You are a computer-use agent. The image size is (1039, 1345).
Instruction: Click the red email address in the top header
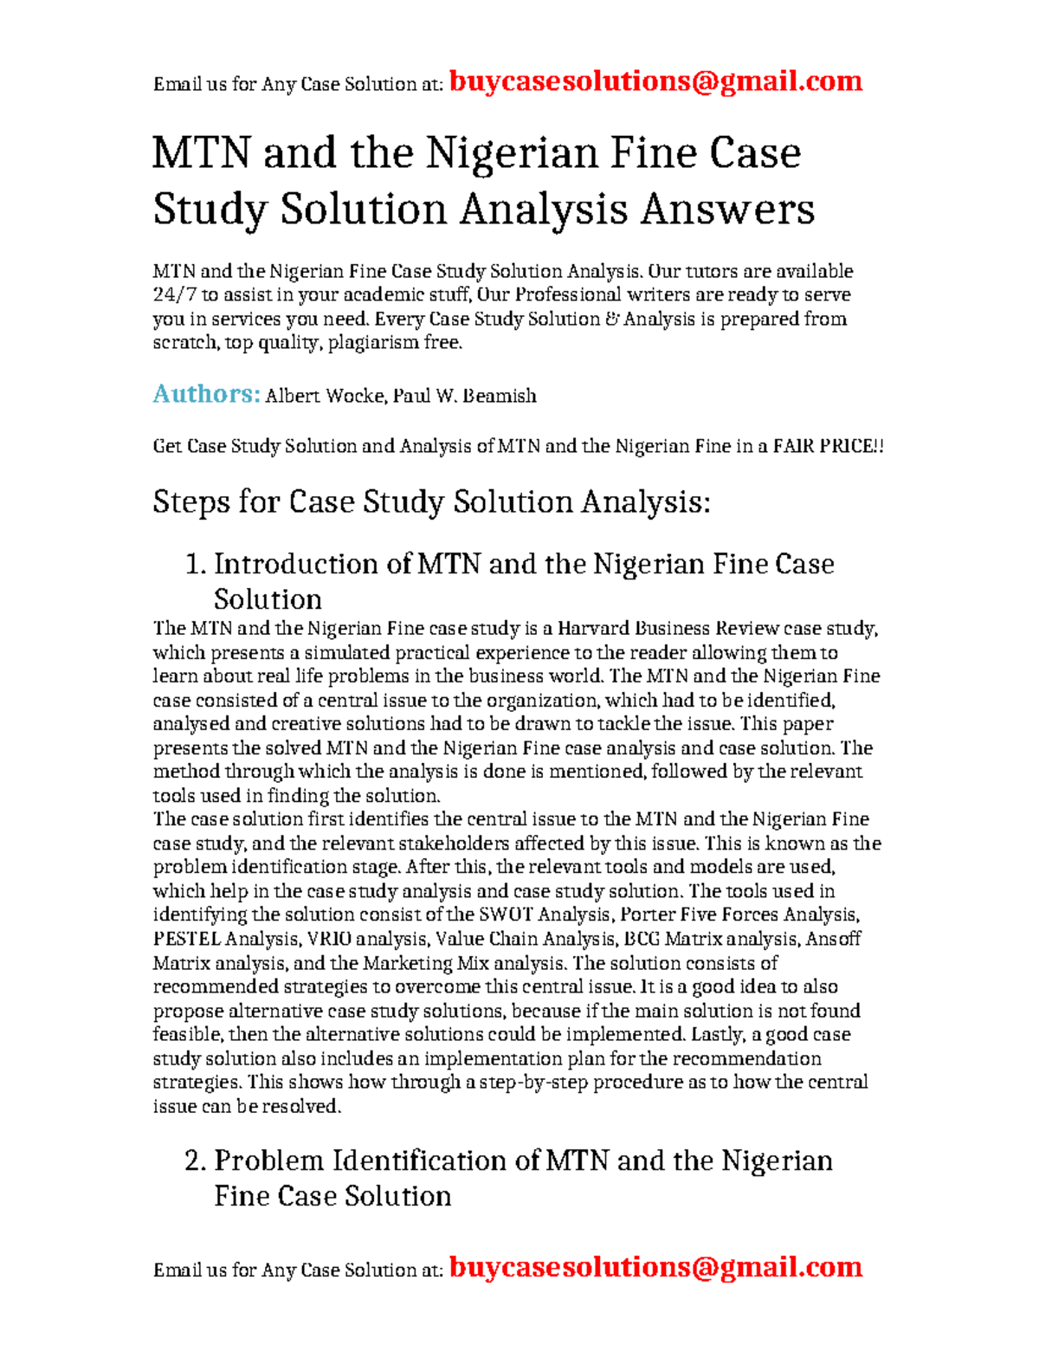[655, 81]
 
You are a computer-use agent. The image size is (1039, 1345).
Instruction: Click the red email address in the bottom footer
[655, 1267]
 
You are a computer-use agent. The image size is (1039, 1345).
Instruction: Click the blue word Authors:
[206, 394]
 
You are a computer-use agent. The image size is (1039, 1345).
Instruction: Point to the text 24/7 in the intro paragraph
[174, 295]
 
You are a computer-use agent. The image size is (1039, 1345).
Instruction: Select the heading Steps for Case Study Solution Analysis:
[431, 502]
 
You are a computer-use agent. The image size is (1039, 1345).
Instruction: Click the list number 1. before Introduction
[196, 565]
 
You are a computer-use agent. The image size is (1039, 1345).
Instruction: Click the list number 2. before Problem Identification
[196, 1161]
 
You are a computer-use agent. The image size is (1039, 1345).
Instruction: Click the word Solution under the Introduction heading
[268, 599]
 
